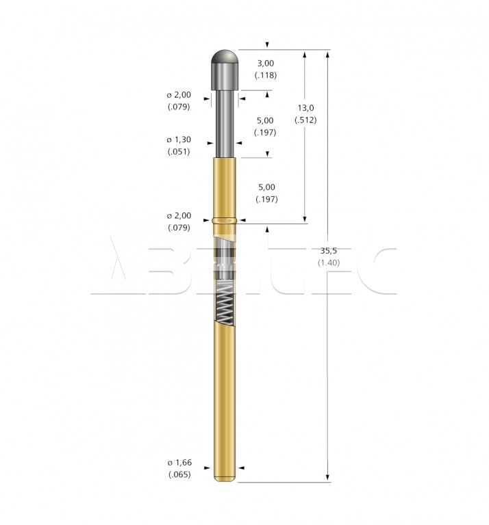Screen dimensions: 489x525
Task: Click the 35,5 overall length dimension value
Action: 328,250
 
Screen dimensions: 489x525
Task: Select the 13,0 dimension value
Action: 305,108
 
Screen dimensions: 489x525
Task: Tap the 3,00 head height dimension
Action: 266,63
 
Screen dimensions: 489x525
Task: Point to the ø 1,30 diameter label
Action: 179,139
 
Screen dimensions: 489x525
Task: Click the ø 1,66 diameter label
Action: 179,462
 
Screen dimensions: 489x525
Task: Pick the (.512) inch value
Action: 305,120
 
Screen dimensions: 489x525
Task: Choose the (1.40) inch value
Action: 329,262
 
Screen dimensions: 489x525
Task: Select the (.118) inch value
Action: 266,75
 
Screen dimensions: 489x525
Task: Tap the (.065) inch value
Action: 179,474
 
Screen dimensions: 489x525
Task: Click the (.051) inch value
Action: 179,151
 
